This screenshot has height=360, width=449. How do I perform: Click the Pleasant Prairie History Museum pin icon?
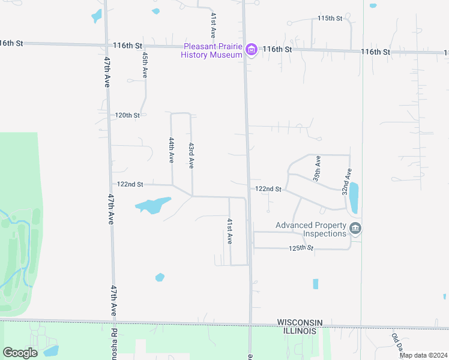[252, 50]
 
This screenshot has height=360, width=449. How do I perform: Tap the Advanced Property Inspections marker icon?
[355, 229]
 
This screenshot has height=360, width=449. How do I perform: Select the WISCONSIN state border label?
[300, 323]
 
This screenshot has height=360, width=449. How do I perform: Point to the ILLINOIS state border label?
[297, 331]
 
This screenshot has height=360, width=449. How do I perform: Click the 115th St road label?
[330, 19]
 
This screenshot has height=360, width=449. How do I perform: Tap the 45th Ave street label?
[145, 64]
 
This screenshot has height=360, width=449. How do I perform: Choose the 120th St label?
[127, 115]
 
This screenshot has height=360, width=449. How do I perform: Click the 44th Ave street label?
[171, 150]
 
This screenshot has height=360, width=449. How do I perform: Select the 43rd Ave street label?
[191, 155]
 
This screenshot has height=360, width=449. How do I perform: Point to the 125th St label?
[301, 248]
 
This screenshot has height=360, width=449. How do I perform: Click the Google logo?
[20, 352]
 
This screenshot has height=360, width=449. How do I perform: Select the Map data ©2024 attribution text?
[423, 355]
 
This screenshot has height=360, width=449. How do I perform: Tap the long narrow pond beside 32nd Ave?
[354, 197]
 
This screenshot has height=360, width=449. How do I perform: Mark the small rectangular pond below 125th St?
[316, 284]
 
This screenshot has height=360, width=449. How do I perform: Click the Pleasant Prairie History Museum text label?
[213, 50]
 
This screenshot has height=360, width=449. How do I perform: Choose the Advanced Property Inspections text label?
[311, 229]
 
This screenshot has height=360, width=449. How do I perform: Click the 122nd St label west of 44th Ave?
[130, 184]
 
